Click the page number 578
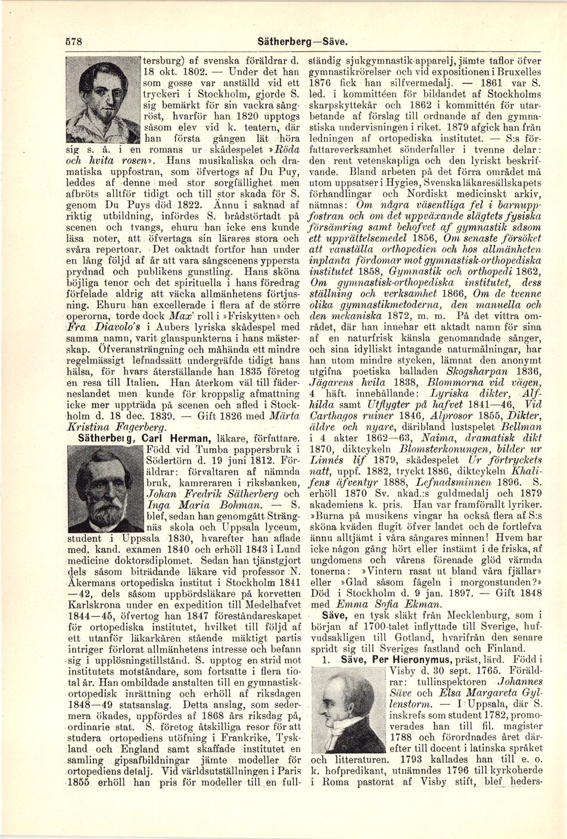click(x=73, y=43)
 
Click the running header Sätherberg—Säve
click(x=303, y=43)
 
